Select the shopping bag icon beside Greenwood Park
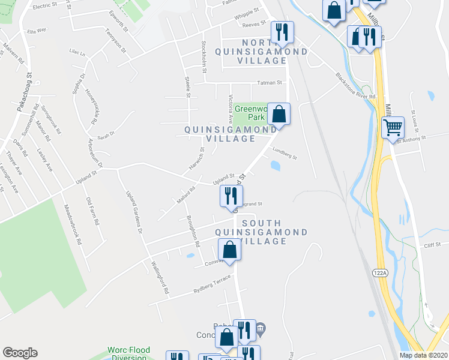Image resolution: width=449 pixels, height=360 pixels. point(279,113)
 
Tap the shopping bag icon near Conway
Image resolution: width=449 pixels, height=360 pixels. point(229,250)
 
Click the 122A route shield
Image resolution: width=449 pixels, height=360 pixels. point(379,272)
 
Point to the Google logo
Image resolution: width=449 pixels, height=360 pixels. point(20,353)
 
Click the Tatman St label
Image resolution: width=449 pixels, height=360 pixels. point(270,82)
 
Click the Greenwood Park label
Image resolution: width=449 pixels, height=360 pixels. point(250,113)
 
